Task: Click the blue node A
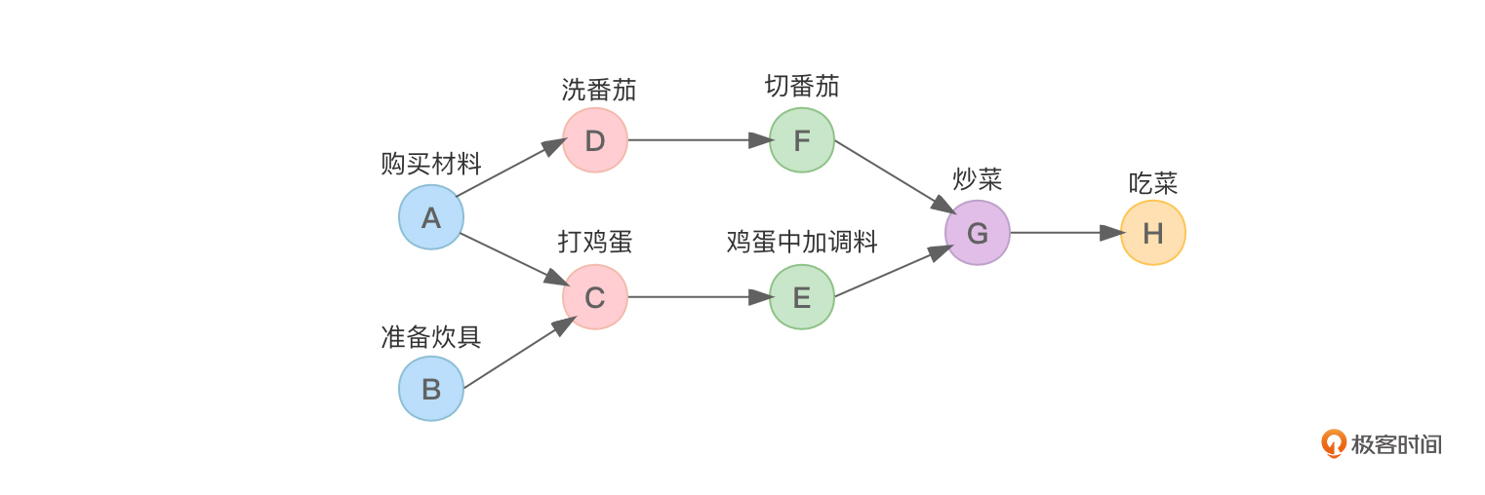pos(430,217)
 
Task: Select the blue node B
pos(430,389)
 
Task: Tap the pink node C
pos(594,297)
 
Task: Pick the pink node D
pos(594,140)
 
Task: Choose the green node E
pos(801,297)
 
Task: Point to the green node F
pos(801,140)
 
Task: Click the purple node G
pos(977,233)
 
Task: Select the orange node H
pos(1152,233)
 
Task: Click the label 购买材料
pos(430,164)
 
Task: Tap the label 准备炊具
pos(430,337)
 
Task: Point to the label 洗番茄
pos(598,91)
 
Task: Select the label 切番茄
pos(801,87)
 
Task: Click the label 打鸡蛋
pos(594,242)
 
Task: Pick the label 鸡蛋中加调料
pos(801,242)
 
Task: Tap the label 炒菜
pos(977,180)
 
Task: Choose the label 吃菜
pos(1152,182)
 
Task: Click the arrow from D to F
pos(699,140)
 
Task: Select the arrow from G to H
pos(1064,233)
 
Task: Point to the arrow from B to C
pos(517,353)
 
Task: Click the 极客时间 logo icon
pos(1334,444)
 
